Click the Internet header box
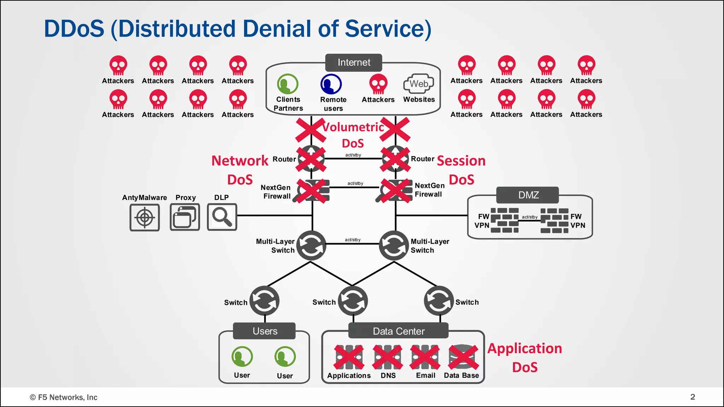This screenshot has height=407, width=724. click(x=354, y=63)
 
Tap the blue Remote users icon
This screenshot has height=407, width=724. click(x=331, y=84)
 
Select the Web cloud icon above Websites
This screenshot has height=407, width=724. click(x=419, y=84)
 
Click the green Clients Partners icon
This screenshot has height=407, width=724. click(x=288, y=84)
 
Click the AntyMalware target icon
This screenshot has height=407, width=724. click(x=145, y=217)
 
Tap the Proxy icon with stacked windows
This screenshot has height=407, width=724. click(x=185, y=217)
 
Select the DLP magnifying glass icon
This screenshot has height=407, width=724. click(x=222, y=217)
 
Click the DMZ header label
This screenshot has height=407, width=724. click(x=528, y=195)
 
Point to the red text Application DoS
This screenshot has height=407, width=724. click(x=525, y=358)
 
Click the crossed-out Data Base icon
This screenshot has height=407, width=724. click(x=463, y=357)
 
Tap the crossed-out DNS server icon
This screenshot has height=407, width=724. click(x=388, y=357)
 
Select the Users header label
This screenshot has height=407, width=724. click(x=264, y=331)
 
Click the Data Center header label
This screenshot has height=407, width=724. click(x=398, y=331)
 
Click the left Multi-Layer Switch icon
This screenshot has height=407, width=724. click(x=311, y=246)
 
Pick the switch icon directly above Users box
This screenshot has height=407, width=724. click(x=264, y=301)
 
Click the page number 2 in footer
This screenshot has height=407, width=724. click(x=693, y=397)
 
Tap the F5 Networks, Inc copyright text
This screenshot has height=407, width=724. click(x=64, y=397)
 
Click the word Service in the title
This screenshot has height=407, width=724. click(x=388, y=29)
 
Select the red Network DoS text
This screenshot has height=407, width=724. click(x=240, y=170)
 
